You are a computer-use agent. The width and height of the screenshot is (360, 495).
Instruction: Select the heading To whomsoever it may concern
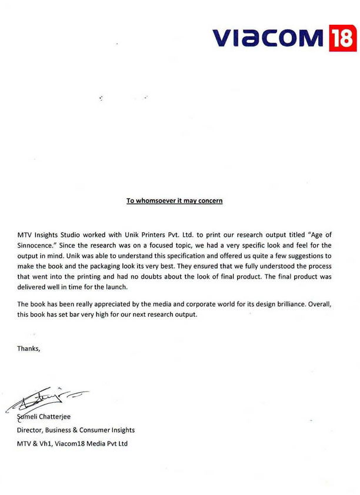174,202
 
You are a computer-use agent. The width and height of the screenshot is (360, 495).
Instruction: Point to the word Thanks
29,349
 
